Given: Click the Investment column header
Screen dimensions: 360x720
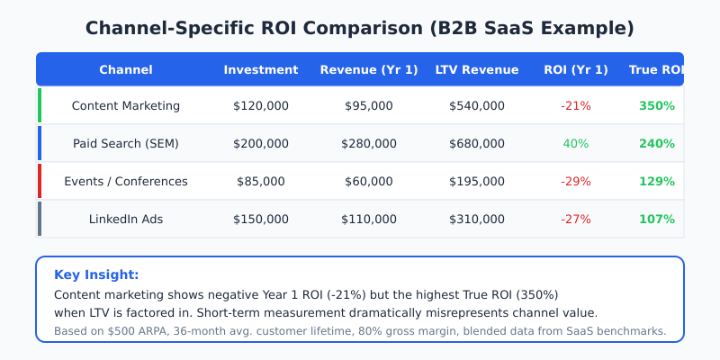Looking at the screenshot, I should click(261, 70).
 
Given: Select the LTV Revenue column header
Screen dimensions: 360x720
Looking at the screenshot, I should click(477, 70).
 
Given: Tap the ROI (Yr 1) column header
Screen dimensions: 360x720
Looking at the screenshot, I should click(576, 70).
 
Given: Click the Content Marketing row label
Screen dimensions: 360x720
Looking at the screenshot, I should click(126, 106).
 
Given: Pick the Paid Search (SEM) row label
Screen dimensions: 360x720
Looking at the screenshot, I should click(126, 144).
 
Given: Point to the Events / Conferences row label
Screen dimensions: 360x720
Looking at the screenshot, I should click(126, 182).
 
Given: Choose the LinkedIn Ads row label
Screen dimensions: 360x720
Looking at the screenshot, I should click(126, 220).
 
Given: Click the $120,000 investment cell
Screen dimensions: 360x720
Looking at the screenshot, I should click(261, 106).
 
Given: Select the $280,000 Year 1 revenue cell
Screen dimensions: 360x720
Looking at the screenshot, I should click(369, 144).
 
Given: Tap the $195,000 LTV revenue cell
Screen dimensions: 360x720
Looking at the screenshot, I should click(477, 182).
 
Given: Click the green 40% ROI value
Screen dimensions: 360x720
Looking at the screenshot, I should click(576, 144).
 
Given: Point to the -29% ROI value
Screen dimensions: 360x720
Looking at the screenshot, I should click(576, 182).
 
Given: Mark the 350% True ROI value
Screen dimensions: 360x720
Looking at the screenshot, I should click(657, 106).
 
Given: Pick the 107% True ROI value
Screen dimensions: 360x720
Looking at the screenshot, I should click(657, 220).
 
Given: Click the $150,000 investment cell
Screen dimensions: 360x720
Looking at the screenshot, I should click(261, 220).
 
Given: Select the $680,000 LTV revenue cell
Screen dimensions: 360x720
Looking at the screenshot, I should click(477, 144).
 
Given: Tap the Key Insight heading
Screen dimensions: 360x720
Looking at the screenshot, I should click(96, 275).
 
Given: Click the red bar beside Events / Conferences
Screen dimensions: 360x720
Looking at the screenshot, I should click(40, 181).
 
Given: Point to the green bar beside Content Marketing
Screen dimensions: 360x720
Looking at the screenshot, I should click(40, 105).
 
